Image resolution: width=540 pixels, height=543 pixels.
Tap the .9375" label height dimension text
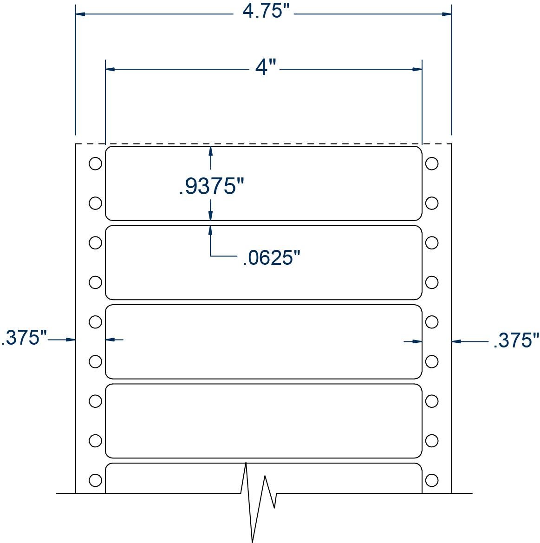pyautogui.click(x=211, y=187)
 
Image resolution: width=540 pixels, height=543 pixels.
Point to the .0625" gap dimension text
pyautogui.click(x=272, y=257)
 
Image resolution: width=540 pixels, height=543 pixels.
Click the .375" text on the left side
pyautogui.click(x=23, y=338)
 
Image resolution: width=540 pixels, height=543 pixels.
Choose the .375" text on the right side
pyautogui.click(x=515, y=340)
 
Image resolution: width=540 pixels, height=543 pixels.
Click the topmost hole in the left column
pyautogui.click(x=95, y=164)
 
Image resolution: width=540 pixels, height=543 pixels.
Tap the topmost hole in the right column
pyautogui.click(x=432, y=164)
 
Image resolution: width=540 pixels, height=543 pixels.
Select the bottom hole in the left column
pyautogui.click(x=95, y=480)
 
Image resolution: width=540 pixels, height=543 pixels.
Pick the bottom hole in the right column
pyautogui.click(x=432, y=480)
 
